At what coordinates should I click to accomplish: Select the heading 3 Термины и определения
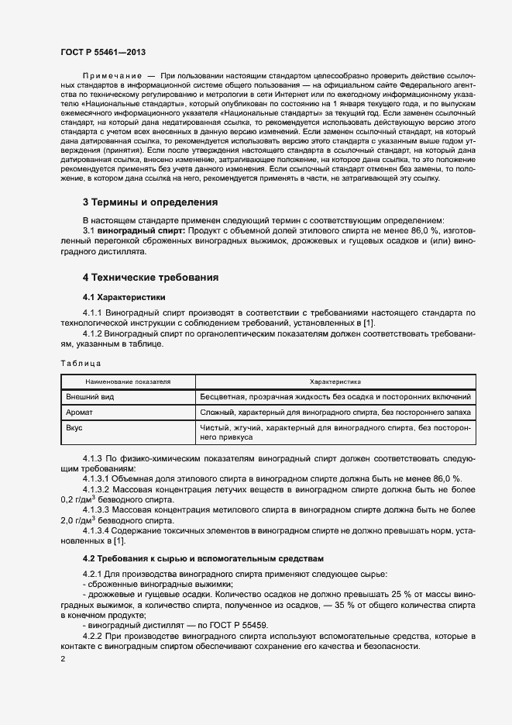[x=150, y=202]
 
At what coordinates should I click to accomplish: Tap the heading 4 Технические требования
[x=150, y=277]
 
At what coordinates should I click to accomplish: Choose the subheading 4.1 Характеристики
[x=124, y=298]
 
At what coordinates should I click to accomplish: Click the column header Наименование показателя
[x=128, y=382]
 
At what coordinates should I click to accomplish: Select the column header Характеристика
[x=335, y=382]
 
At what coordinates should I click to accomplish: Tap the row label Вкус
[x=75, y=428]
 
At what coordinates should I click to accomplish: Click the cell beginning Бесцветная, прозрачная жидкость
[x=335, y=397]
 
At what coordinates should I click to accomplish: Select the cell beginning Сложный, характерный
[x=335, y=413]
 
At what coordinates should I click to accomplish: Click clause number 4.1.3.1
[x=98, y=478]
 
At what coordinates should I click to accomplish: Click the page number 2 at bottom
[x=63, y=658]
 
